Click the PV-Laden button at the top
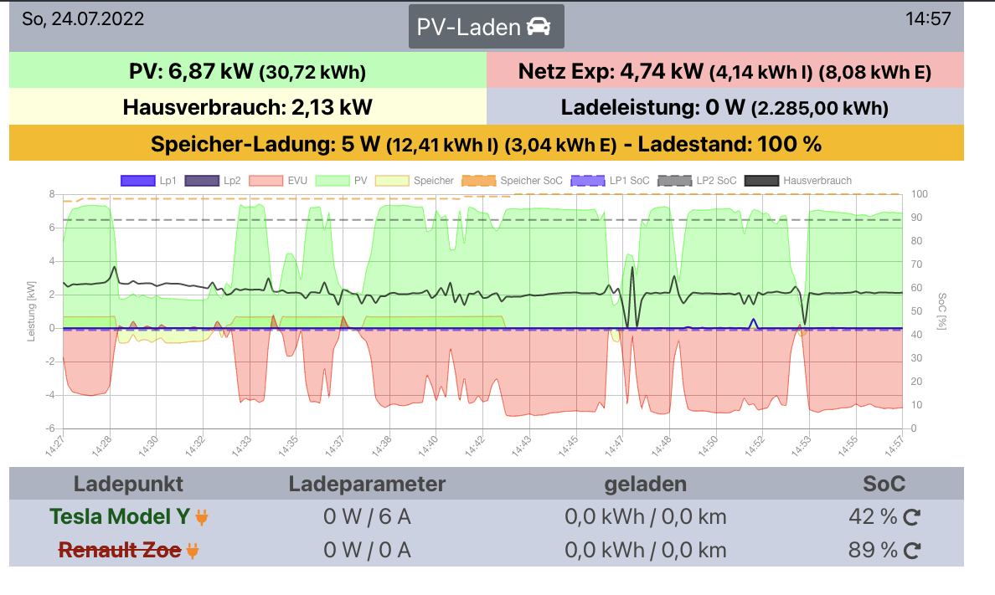(486, 27)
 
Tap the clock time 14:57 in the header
(928, 18)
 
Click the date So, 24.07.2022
(83, 18)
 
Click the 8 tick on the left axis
(51, 194)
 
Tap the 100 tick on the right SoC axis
(920, 194)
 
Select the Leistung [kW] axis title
(32, 311)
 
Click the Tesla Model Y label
(120, 517)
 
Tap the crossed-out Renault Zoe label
(119, 550)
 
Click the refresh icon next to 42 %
(912, 518)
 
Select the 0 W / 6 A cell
(367, 517)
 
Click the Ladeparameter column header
(367, 484)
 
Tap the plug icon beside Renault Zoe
(193, 551)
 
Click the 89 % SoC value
(873, 550)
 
